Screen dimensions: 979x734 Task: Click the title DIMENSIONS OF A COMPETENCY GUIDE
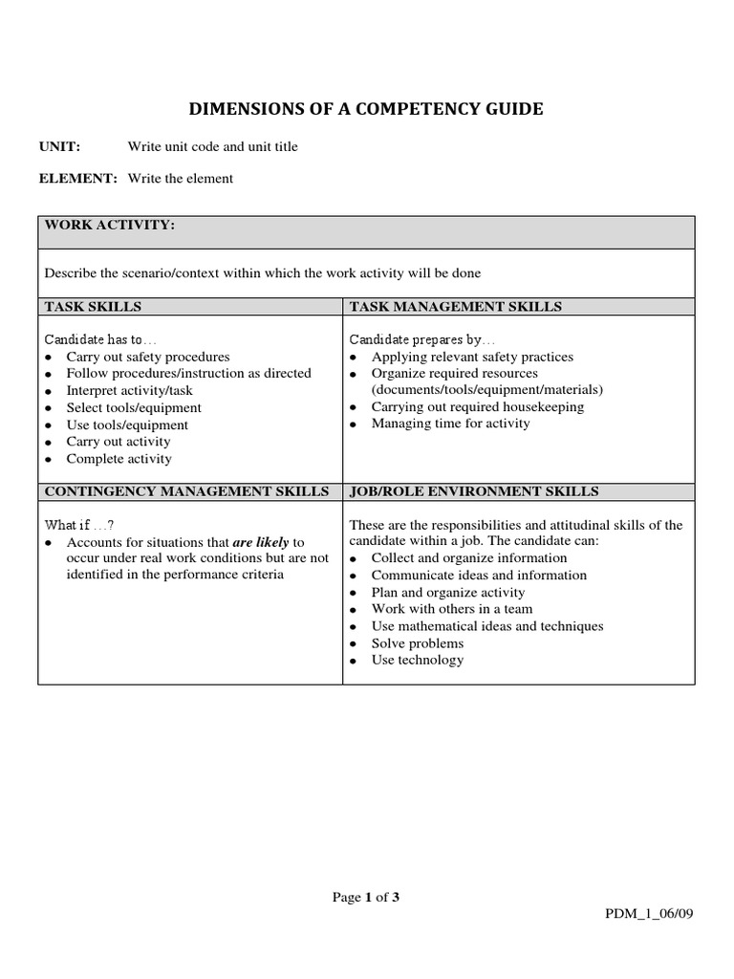pos(366,109)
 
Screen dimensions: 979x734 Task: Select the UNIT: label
pos(59,146)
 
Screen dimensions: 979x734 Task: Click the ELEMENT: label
pos(77,179)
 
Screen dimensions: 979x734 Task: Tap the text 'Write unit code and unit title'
pos(212,146)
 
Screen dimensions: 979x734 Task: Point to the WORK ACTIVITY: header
pos(109,225)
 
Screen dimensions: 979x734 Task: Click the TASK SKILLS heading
pos(93,306)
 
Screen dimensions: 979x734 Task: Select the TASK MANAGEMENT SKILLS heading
pos(455,306)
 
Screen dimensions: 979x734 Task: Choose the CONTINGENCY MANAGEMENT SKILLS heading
pos(186,491)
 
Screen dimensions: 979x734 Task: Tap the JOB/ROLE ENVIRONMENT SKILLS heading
pos(474,491)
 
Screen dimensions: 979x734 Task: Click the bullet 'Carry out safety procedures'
pos(147,357)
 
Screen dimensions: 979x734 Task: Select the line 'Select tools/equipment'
pos(134,408)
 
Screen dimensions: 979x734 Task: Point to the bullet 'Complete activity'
pos(119,459)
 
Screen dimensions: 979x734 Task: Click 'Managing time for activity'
pos(450,424)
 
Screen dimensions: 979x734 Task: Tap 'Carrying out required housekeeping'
pos(477,406)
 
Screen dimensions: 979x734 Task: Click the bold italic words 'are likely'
pos(261,542)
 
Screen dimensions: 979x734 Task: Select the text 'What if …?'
pos(79,525)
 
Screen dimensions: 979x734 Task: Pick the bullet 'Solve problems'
pos(418,643)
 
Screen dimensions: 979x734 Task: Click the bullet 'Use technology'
pos(418,660)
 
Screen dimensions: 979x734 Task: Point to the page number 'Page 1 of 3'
pos(366,897)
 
